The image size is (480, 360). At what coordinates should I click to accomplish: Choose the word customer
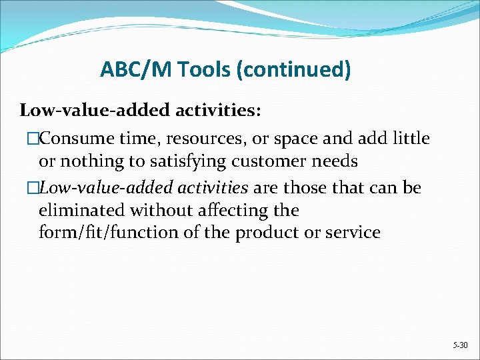point(273,161)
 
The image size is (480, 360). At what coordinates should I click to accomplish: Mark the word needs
point(336,161)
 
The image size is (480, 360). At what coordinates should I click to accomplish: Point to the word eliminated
point(81,211)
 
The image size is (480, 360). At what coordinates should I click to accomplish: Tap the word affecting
point(225,211)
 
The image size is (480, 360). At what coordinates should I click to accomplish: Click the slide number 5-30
point(459,346)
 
